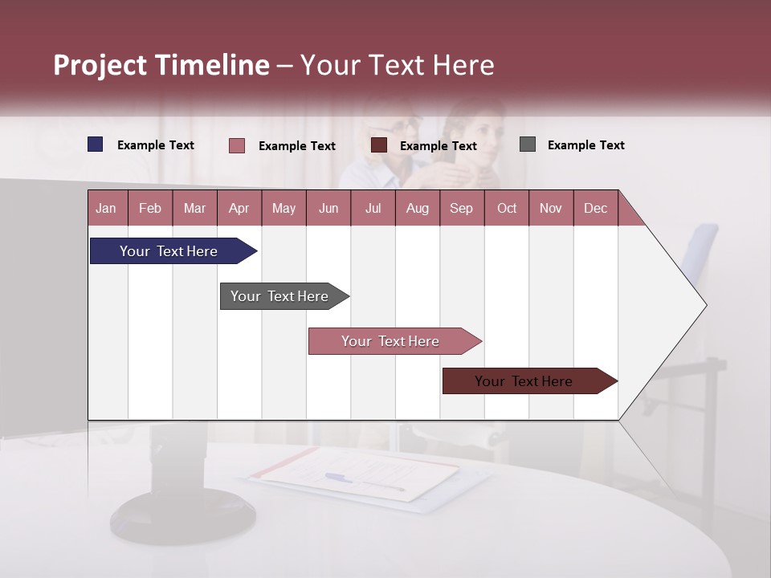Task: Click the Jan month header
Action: point(107,208)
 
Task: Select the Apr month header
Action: point(239,208)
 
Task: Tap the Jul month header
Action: point(373,208)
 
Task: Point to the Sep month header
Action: point(461,208)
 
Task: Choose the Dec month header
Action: point(595,208)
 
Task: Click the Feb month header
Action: point(150,208)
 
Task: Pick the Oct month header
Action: point(507,208)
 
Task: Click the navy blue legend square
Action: point(96,144)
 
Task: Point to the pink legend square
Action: point(237,145)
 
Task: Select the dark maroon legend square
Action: point(379,144)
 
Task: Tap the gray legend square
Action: point(528,144)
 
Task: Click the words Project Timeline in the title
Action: point(161,65)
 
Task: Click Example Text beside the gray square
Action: point(585,145)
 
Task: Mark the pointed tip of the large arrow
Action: point(705,305)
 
